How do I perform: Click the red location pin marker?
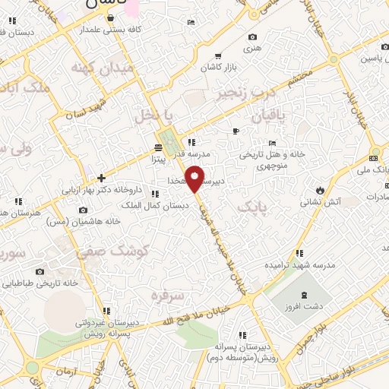196,179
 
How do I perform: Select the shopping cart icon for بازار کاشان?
218,55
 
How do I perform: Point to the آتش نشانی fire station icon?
321,189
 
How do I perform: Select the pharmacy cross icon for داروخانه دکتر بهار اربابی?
102,178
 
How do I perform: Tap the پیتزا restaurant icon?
158,147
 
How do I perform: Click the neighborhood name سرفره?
167,294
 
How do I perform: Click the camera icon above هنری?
253,36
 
